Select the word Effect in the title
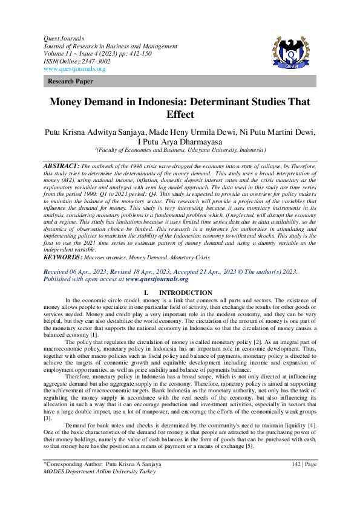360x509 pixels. pos(180,115)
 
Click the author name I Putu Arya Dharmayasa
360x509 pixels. pos(179,141)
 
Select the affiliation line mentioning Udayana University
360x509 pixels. pos(180,151)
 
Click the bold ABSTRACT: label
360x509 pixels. pos(62,165)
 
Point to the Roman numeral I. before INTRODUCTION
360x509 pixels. pos(147,293)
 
